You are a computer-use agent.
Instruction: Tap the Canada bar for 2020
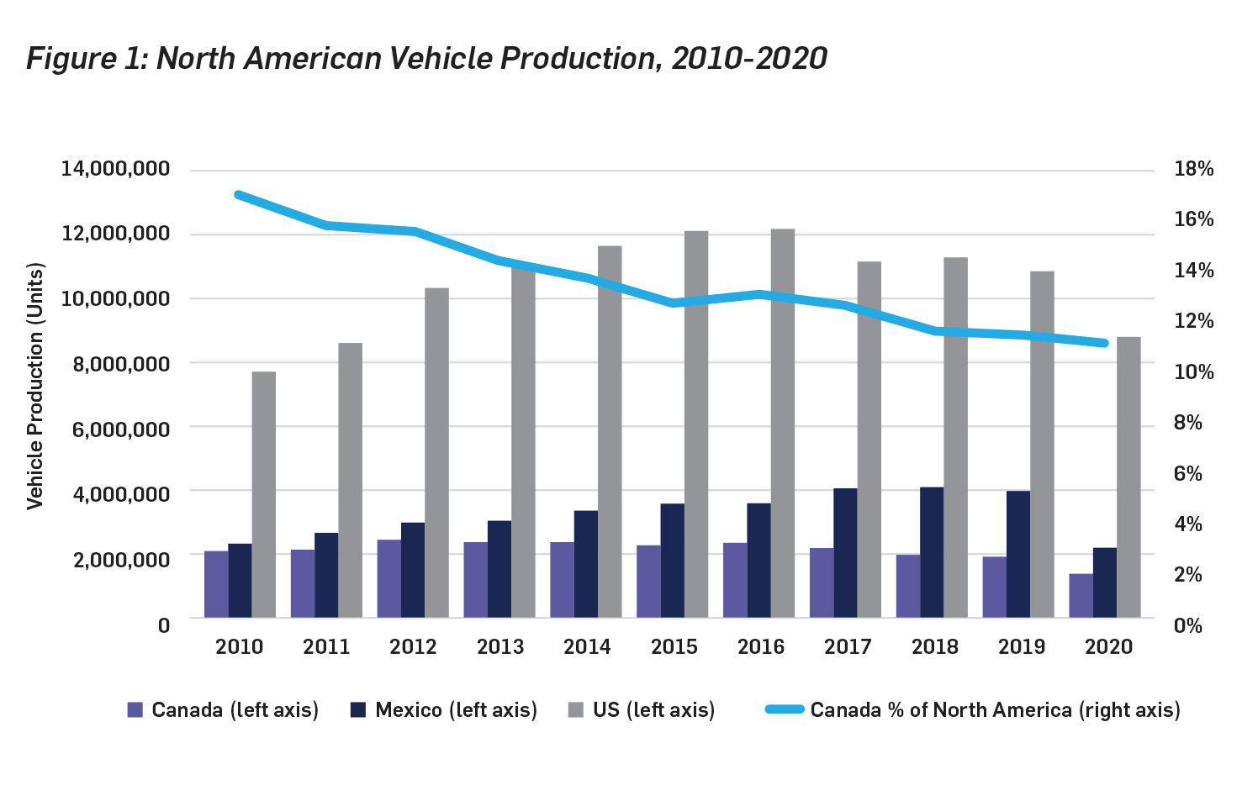pos(1081,596)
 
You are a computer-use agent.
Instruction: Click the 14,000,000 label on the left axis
pos(115,169)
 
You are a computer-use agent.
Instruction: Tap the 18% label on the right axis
pos(1194,169)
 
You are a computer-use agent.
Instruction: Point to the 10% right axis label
pos(1194,371)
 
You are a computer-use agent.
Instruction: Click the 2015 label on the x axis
pos(674,646)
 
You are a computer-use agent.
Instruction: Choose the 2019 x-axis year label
pos(1022,646)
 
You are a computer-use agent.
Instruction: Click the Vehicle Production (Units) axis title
pos(34,386)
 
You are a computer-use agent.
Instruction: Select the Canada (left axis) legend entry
pos(224,709)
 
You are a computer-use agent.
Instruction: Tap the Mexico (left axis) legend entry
pos(444,709)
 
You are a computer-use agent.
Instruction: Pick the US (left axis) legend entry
pos(642,709)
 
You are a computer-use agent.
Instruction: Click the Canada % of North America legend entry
pos(973,709)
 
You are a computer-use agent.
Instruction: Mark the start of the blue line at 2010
pos(239,194)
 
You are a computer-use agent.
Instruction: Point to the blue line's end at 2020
pos(1105,343)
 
